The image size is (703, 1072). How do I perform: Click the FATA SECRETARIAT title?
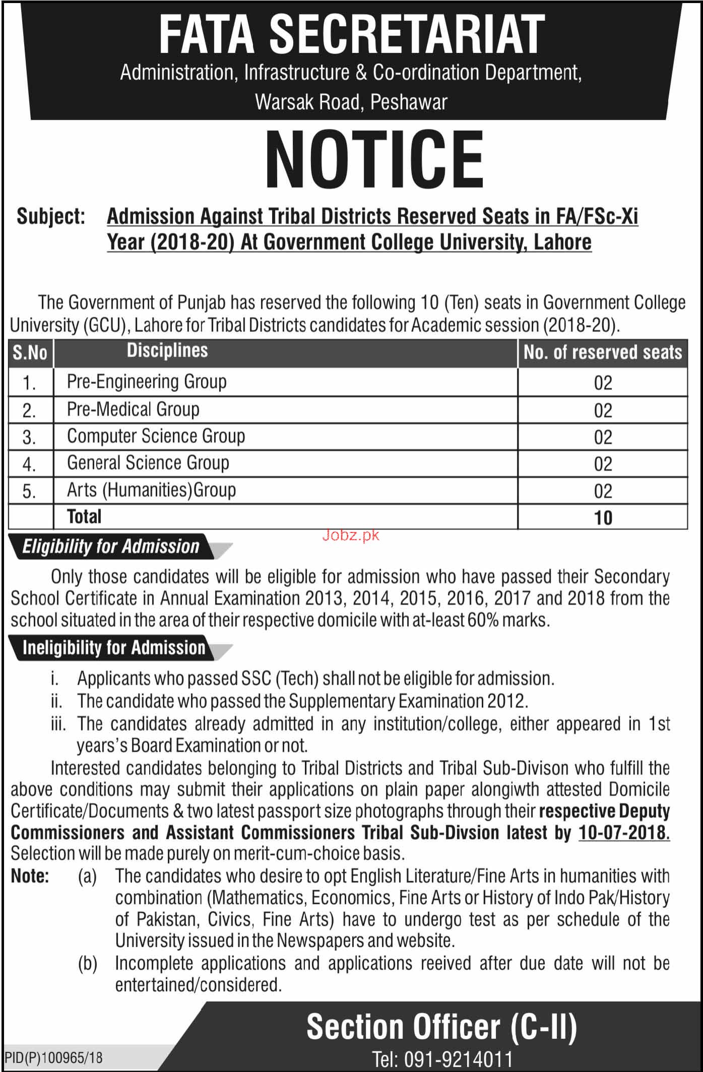pyautogui.click(x=352, y=33)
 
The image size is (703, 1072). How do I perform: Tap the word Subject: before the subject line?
pyautogui.click(x=51, y=217)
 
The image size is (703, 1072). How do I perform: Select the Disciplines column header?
pyautogui.click(x=167, y=351)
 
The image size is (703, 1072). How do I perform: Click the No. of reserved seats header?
pyautogui.click(x=602, y=352)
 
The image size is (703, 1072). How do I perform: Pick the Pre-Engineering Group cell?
pyautogui.click(x=147, y=382)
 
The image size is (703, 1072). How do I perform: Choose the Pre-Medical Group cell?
pyautogui.click(x=133, y=409)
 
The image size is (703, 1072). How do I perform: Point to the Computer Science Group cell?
pyautogui.click(x=156, y=436)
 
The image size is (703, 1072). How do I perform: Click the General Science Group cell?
pyautogui.click(x=148, y=462)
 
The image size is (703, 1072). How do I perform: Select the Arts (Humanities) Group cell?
pyautogui.click(x=151, y=490)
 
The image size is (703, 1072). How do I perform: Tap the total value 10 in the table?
pyautogui.click(x=603, y=517)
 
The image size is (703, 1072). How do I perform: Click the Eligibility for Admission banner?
pyautogui.click(x=111, y=547)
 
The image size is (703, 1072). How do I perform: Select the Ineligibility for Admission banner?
pyautogui.click(x=114, y=647)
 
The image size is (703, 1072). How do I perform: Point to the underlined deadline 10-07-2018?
pyautogui.click(x=624, y=832)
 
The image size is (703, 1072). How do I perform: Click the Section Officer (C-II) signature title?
pyautogui.click(x=441, y=1013)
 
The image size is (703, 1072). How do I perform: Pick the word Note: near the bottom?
pyautogui.click(x=30, y=877)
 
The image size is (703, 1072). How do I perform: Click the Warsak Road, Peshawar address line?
pyautogui.click(x=351, y=102)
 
